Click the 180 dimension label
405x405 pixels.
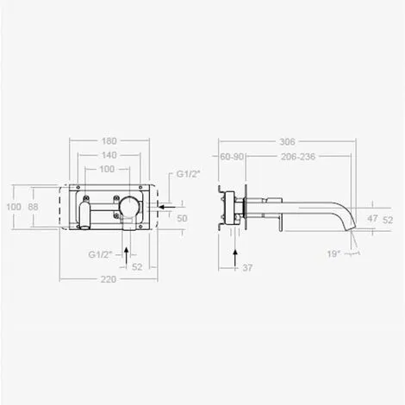click(109, 141)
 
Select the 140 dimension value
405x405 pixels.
click(109, 155)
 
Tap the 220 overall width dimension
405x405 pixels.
click(109, 279)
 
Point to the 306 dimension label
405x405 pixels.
click(287, 141)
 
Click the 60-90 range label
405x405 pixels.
click(232, 157)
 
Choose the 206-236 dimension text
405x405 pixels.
click(298, 157)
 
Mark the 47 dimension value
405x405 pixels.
click(372, 219)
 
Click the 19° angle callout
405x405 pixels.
click(333, 254)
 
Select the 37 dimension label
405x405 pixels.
click(247, 268)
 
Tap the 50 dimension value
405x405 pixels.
click(182, 218)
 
